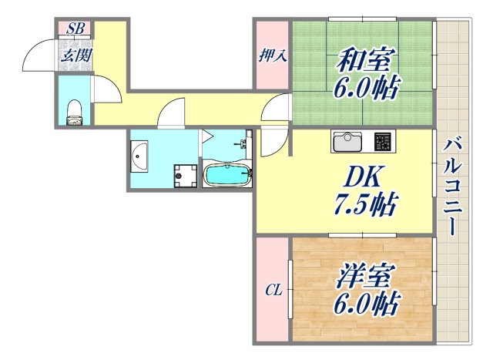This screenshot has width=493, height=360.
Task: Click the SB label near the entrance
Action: (x=75, y=29)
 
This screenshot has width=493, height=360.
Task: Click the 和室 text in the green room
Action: (x=365, y=61)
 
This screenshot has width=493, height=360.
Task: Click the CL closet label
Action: (x=273, y=291)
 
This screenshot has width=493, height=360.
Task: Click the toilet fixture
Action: (x=75, y=112)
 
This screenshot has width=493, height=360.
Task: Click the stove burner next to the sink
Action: (x=383, y=142)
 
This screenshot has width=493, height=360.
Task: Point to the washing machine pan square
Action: (x=184, y=176)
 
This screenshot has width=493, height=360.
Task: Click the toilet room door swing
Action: (x=107, y=89)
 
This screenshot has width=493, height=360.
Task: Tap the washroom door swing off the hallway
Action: (x=169, y=115)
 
